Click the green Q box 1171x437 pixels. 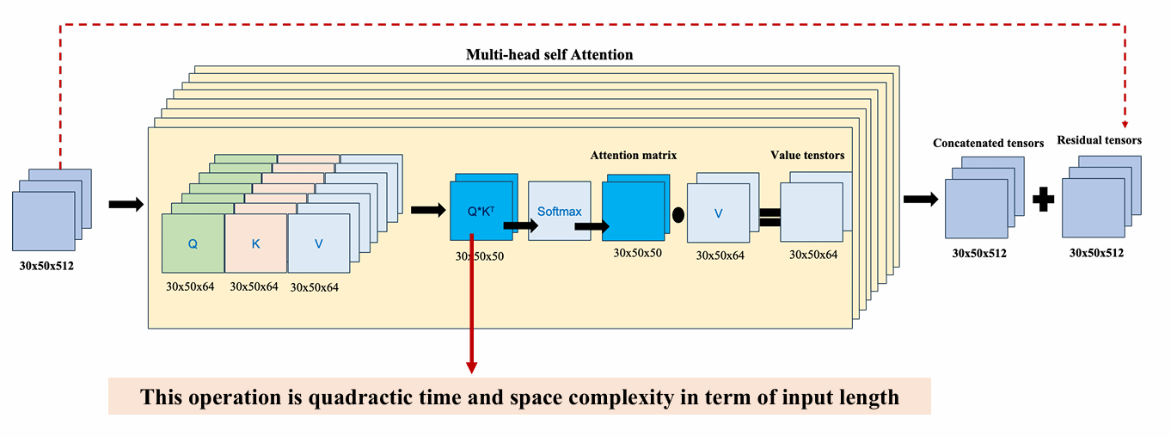click(193, 243)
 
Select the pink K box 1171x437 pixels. click(255, 243)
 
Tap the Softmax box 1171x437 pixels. click(560, 211)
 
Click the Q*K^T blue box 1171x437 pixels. click(481, 211)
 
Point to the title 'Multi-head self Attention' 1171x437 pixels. click(549, 55)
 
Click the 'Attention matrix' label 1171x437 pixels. click(633, 156)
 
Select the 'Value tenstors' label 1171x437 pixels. click(807, 156)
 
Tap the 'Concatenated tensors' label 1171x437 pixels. click(988, 144)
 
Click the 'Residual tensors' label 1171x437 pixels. click(1099, 140)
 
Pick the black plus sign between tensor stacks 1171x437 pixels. click(1043, 200)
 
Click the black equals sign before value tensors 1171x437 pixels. click(769, 217)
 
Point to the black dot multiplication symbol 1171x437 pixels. click(678, 214)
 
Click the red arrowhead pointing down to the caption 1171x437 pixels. click(471, 366)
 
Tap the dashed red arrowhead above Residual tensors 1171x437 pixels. click(1125, 125)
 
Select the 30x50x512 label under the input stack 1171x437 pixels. click(46, 266)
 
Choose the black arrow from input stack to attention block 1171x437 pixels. click(126, 204)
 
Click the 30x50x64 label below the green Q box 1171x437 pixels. click(190, 286)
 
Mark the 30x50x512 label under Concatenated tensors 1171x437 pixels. click(979, 253)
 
